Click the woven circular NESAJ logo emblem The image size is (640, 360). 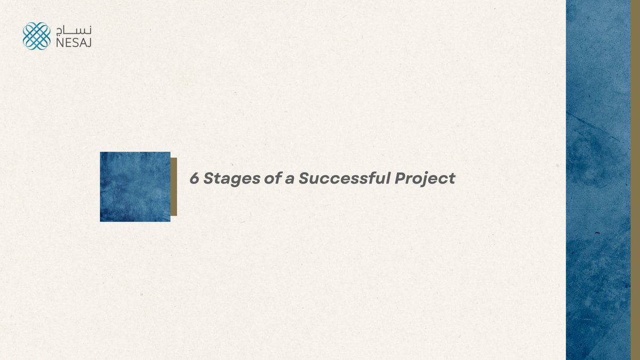[36, 36]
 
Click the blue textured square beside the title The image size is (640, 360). [135, 187]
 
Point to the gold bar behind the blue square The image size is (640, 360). [174, 187]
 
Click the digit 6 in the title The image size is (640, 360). [195, 179]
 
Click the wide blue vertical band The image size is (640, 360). [598, 180]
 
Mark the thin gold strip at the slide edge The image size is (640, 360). [635, 180]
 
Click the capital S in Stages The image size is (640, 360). [209, 179]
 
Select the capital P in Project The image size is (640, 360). [399, 179]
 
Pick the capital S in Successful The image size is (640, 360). [303, 179]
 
